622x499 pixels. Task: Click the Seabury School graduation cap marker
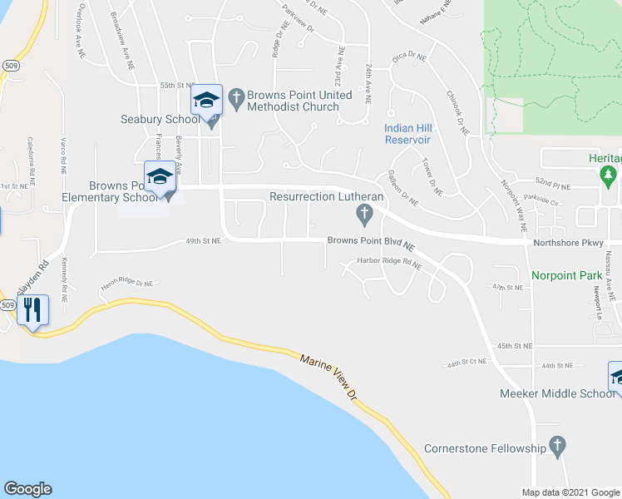pos(206,101)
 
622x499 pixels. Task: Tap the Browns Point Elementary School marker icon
pos(160,177)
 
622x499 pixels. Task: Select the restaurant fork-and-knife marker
pos(32,310)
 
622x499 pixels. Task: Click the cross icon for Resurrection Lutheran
pos(363,215)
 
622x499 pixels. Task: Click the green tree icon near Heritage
pos(608,175)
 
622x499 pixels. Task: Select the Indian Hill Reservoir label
pos(407,134)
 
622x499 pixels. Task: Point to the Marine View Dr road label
pos(329,373)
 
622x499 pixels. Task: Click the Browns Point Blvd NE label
pos(370,245)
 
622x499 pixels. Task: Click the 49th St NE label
pos(203,241)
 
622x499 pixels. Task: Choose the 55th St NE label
pos(176,85)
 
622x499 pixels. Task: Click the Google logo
pos(27,489)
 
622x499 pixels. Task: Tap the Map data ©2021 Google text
pos(570,492)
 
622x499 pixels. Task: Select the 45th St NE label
pos(515,345)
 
